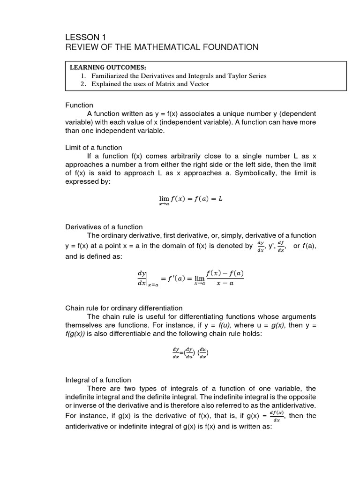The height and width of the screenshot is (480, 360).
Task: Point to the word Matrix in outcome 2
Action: coord(162,84)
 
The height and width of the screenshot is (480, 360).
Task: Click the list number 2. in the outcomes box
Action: coord(83,84)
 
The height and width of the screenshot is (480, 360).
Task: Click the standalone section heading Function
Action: coord(79,105)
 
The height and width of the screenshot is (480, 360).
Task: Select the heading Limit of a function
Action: coord(94,148)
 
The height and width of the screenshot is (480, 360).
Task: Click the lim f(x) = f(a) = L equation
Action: coord(190,200)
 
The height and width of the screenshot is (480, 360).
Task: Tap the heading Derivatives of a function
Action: coord(104,227)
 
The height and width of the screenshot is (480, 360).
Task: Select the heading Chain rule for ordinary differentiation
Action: coord(124,308)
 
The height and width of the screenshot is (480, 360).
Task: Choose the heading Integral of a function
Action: coord(98,380)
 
